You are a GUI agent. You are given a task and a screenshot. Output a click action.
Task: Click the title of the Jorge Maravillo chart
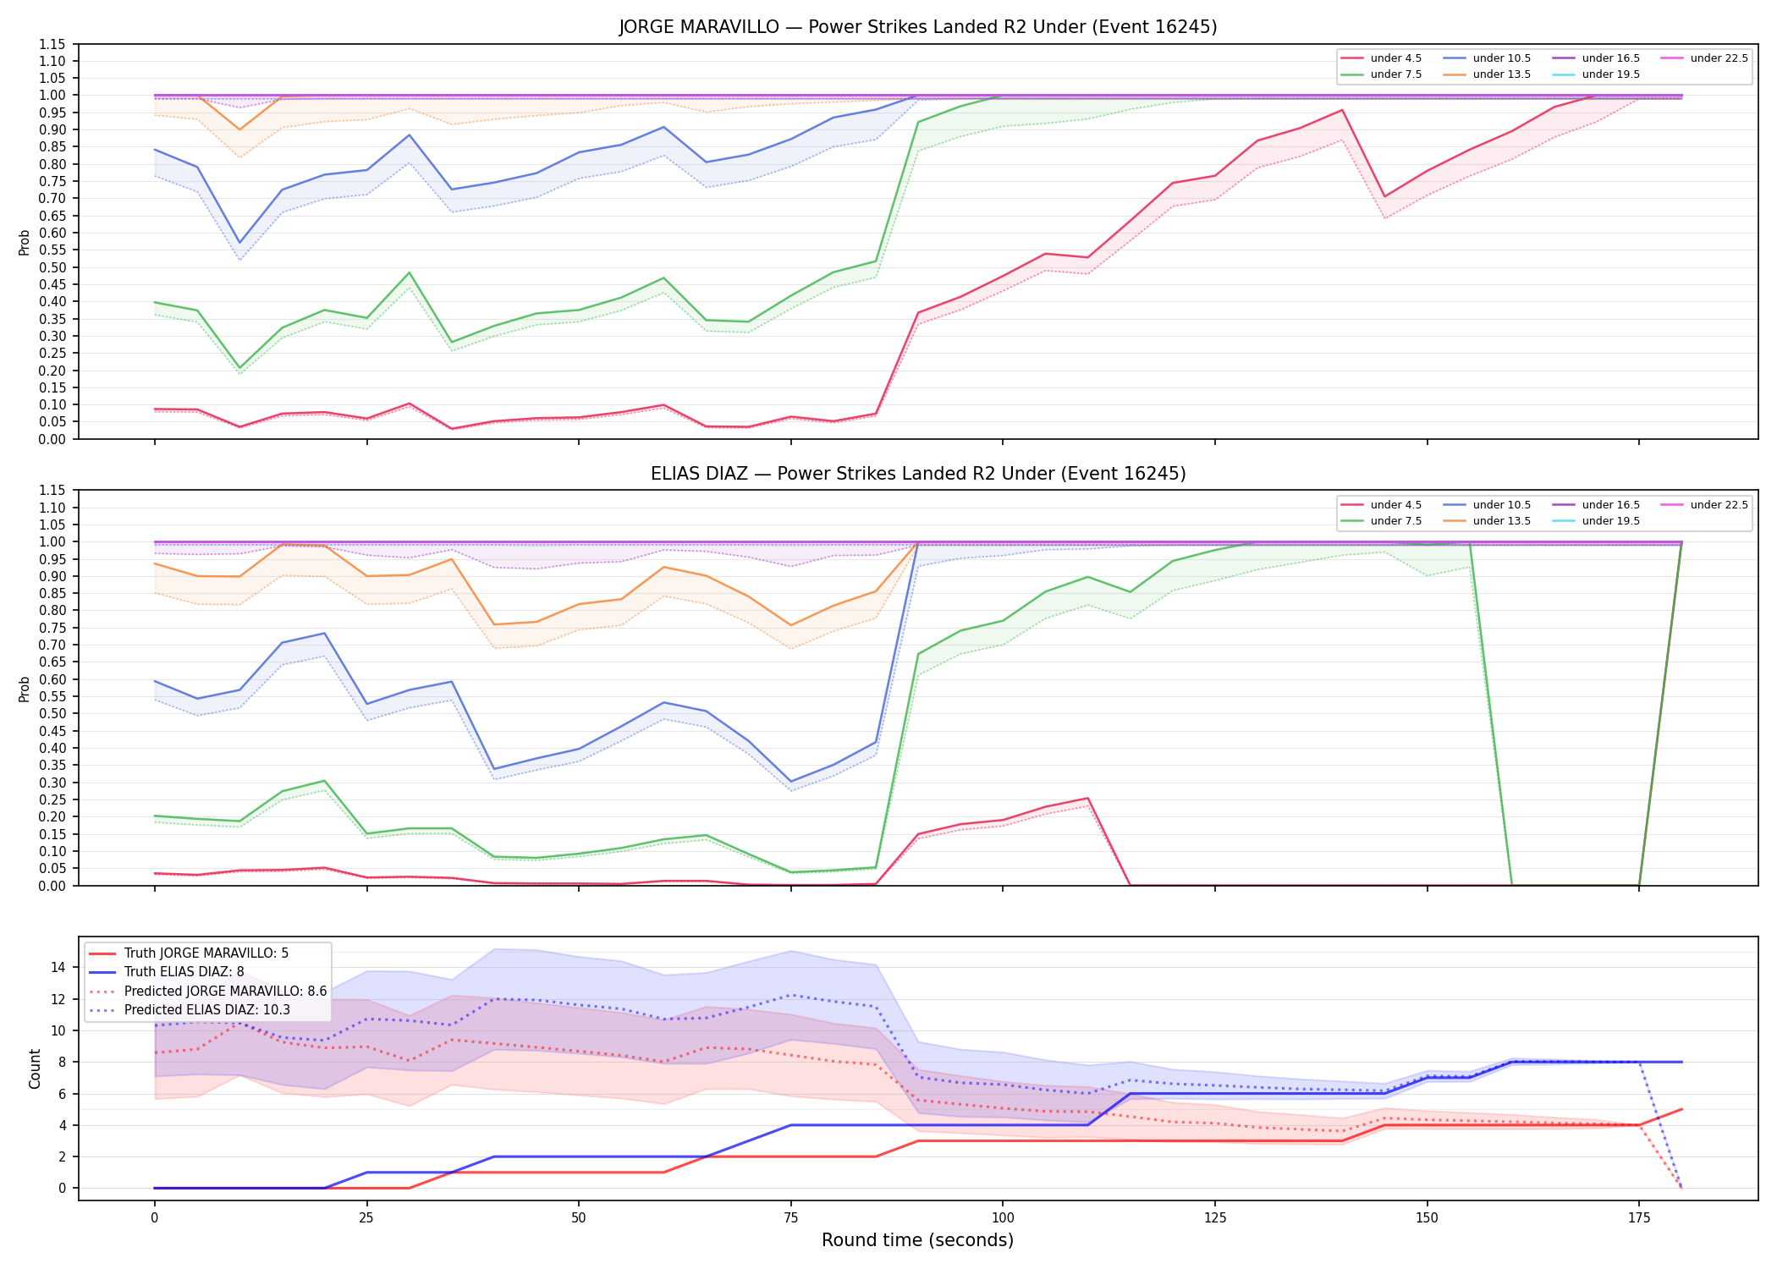click(x=918, y=27)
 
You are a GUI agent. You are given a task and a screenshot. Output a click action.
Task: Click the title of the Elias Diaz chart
click(x=918, y=474)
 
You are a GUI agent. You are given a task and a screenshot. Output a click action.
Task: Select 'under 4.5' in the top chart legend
click(x=1395, y=58)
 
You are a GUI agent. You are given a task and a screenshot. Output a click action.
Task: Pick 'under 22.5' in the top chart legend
click(x=1719, y=58)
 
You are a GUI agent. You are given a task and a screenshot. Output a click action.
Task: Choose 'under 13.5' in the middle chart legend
click(x=1501, y=521)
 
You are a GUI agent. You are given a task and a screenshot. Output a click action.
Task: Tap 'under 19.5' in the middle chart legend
click(x=1610, y=521)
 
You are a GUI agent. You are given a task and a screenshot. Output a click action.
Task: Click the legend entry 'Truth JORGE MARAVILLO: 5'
click(x=206, y=953)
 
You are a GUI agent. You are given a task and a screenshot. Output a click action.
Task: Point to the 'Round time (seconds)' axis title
click(x=917, y=1240)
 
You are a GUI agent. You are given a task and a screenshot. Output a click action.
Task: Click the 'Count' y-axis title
click(x=35, y=1068)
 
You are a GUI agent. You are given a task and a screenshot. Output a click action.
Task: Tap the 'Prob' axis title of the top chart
click(x=25, y=242)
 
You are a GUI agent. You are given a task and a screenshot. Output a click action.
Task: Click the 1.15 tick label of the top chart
click(x=53, y=44)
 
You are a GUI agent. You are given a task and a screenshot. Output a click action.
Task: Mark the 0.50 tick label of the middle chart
click(x=53, y=714)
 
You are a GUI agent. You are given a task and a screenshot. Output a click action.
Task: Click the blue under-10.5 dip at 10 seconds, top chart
click(x=239, y=243)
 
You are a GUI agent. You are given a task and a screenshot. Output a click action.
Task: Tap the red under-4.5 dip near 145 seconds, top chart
click(x=1384, y=197)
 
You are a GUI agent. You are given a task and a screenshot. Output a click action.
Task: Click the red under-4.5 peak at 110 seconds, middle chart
click(x=1087, y=798)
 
